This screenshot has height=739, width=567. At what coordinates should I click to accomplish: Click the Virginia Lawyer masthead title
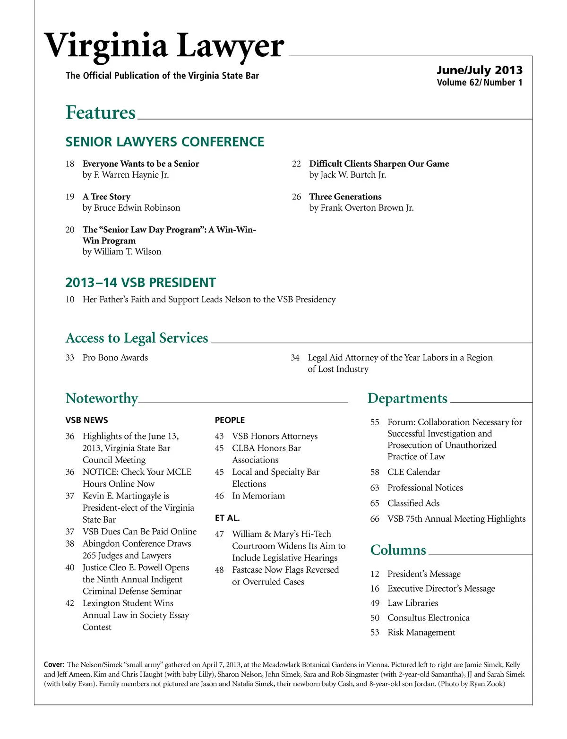[164, 46]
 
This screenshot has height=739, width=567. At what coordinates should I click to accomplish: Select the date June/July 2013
[479, 70]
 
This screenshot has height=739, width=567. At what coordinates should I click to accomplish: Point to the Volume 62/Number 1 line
[479, 83]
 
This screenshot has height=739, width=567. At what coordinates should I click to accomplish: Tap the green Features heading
[101, 112]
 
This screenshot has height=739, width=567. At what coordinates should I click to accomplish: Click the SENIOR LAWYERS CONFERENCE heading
[165, 142]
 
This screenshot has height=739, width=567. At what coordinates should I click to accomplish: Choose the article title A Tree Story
[106, 197]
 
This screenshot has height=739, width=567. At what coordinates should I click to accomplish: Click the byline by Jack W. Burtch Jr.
[347, 175]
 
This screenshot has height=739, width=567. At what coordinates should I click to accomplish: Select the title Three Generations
[345, 197]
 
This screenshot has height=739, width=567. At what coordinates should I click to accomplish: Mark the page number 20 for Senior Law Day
[70, 230]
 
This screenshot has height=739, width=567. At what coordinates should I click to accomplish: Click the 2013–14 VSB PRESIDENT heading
[140, 283]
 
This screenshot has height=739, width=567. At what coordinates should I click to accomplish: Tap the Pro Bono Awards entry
[115, 358]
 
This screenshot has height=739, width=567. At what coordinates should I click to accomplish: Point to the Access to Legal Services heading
[137, 338]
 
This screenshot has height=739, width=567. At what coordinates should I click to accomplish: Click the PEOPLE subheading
[230, 420]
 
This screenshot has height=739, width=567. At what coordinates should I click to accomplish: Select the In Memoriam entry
[258, 496]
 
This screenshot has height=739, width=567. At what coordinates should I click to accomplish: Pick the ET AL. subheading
[227, 518]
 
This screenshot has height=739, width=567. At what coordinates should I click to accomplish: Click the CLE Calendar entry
[413, 472]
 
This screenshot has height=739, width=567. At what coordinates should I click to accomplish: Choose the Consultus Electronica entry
[428, 618]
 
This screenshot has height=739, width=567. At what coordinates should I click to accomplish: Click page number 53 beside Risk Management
[375, 632]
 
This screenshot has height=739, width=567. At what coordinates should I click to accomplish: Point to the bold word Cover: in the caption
[54, 664]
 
